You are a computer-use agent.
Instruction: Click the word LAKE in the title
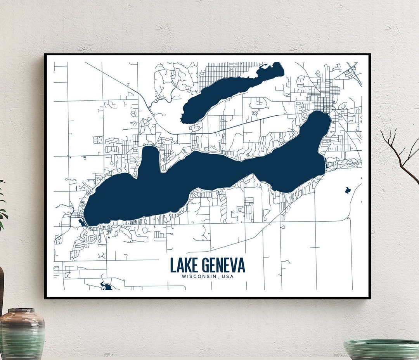coord(183,265)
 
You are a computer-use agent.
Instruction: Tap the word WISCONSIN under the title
coord(197,277)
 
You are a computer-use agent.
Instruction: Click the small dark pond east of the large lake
coord(348,190)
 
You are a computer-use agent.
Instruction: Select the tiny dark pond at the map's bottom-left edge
coord(106,287)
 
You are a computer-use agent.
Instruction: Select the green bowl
coord(382,349)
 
